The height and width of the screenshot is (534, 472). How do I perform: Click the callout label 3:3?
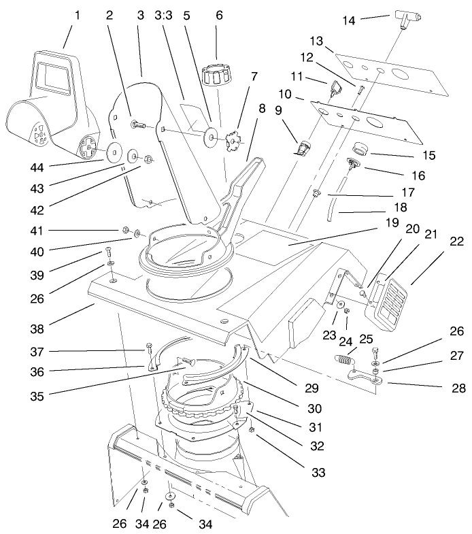point(164,14)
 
